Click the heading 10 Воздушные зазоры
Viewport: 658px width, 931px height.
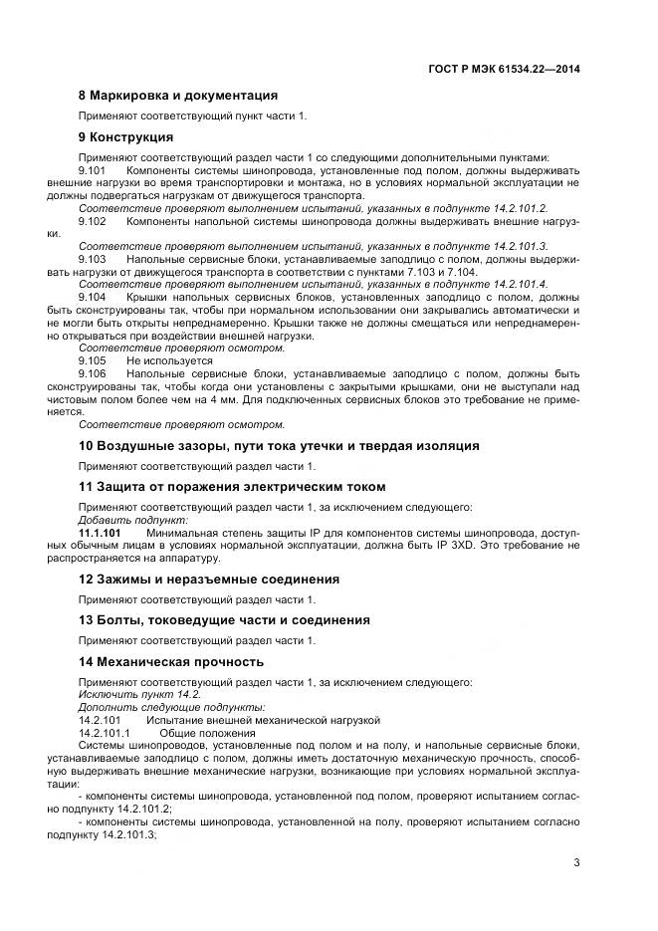(279, 446)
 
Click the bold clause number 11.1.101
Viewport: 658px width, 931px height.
(100, 534)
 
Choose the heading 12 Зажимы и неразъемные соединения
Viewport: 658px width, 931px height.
(209, 579)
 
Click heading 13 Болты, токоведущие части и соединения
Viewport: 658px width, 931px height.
(224, 619)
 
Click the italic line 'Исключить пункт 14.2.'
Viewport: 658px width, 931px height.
(139, 694)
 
